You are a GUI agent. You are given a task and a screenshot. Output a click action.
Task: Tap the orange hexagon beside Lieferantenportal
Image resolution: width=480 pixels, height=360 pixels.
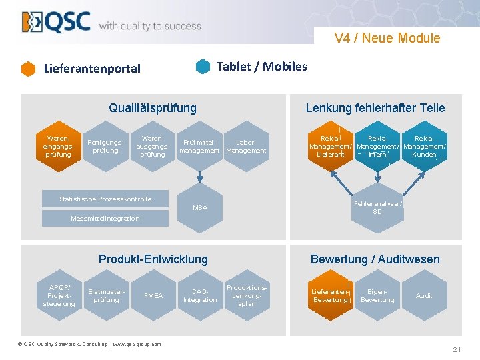(x=28, y=69)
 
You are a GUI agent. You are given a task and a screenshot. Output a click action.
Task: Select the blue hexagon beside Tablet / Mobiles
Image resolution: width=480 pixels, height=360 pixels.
(x=203, y=67)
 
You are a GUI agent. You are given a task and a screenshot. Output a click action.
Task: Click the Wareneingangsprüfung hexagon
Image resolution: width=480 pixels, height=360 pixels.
(x=58, y=146)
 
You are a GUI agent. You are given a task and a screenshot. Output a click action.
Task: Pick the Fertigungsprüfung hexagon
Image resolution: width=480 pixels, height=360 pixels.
(x=105, y=146)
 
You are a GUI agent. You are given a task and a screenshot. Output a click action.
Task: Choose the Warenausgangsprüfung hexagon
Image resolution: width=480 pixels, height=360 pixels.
(x=153, y=146)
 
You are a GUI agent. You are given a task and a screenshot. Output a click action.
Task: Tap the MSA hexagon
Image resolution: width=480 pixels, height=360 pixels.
(x=200, y=208)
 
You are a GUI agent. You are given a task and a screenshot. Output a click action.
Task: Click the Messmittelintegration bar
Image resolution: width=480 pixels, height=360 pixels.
(x=105, y=219)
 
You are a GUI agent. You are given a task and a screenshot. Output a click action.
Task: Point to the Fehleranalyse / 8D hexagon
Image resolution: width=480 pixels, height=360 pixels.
(x=377, y=208)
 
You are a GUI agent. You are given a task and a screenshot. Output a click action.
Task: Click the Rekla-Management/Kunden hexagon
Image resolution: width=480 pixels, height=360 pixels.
(x=425, y=146)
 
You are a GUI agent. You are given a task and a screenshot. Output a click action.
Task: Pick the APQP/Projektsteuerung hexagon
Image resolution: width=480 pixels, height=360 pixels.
(x=58, y=295)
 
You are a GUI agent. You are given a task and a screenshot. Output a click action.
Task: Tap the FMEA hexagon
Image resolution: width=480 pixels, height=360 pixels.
(x=153, y=295)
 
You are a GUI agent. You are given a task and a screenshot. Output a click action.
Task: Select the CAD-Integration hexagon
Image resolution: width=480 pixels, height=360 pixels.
(x=200, y=295)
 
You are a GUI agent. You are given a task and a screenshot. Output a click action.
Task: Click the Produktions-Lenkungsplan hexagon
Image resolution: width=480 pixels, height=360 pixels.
(x=247, y=295)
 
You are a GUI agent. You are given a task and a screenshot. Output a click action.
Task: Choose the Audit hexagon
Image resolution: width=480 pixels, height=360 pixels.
(x=424, y=295)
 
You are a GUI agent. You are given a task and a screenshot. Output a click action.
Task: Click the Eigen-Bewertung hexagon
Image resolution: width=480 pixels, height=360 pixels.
(x=377, y=295)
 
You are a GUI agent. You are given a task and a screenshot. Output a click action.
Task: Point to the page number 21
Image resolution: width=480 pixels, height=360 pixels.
(x=457, y=350)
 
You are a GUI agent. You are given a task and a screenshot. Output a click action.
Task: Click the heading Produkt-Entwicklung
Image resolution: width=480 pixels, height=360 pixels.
(x=153, y=259)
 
